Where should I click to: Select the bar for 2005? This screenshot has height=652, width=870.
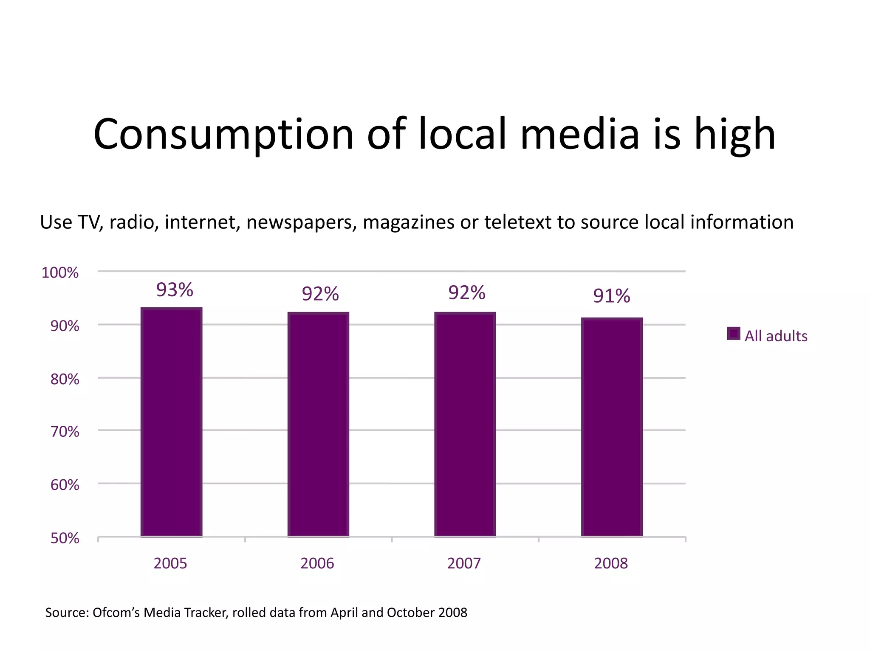[x=171, y=422]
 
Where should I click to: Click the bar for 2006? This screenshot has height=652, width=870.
[x=318, y=424]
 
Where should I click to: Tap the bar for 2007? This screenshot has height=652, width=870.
[x=465, y=424]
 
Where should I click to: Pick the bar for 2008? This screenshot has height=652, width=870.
[x=612, y=427]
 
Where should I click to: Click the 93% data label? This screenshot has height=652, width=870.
[x=175, y=290]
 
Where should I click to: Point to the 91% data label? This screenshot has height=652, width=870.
[x=611, y=296]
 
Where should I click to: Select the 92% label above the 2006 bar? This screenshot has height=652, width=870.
[x=320, y=294]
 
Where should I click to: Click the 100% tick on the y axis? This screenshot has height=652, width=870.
[x=60, y=273]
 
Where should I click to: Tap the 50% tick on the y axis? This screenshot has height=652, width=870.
[x=65, y=538]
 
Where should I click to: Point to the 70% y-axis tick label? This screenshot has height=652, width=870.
[x=65, y=432]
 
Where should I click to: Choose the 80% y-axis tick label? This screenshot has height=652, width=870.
[x=65, y=379]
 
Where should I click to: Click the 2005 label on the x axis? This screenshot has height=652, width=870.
[x=170, y=563]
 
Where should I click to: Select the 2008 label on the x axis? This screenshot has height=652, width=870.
[x=611, y=563]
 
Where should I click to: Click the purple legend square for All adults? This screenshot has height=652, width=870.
[x=733, y=334]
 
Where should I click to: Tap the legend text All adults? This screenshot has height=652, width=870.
[x=776, y=336]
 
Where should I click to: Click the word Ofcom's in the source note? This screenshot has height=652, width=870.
[x=116, y=613]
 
